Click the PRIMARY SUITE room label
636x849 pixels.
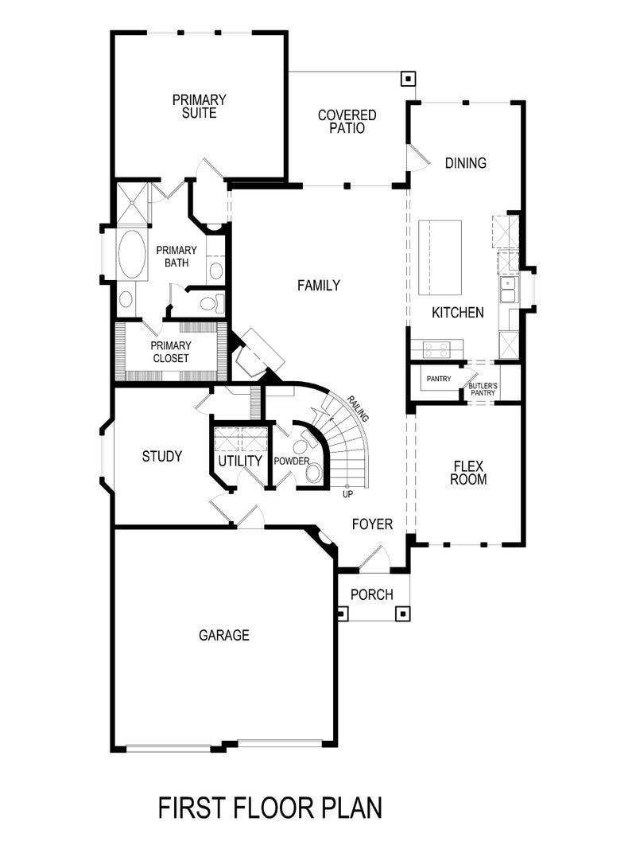tap(199, 107)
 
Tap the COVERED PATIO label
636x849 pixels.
tap(347, 122)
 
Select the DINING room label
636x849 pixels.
tap(465, 163)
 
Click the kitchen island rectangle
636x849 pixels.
tap(440, 257)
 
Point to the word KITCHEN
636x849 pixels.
tap(457, 313)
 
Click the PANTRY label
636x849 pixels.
tap(439, 379)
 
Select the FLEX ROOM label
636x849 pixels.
tap(468, 473)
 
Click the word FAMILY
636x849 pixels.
tap(319, 286)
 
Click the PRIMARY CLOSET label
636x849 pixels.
tap(171, 352)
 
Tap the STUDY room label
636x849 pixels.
tap(162, 457)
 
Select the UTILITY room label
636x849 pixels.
tap(240, 461)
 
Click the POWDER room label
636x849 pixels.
tap(291, 461)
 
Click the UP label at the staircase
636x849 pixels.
tap(347, 494)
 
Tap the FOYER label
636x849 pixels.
tap(373, 524)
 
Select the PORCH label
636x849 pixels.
tap(371, 594)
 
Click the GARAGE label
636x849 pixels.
tap(224, 635)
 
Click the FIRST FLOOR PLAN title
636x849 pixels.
tap(270, 808)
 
